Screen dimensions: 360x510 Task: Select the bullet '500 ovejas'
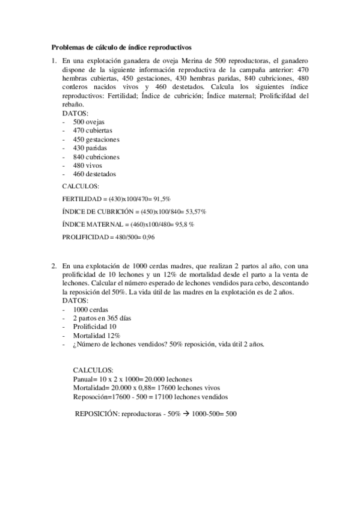coord(88,121)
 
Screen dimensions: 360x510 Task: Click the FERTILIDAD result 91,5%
coord(160,198)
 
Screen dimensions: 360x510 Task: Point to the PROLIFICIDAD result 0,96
coord(147,237)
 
